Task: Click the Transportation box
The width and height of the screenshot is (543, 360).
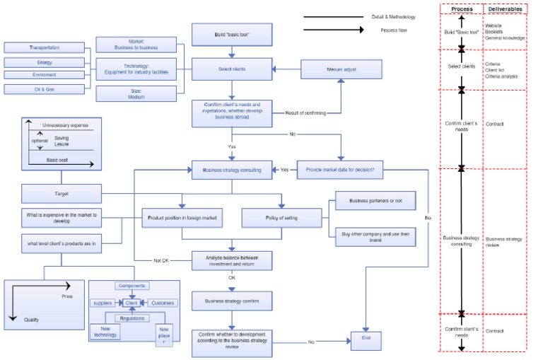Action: [45, 47]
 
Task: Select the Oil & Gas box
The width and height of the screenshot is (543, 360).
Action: [45, 89]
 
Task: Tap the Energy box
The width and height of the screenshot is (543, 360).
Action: [45, 62]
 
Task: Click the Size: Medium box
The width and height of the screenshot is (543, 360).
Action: [137, 93]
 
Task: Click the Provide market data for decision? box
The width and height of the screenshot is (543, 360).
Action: [341, 170]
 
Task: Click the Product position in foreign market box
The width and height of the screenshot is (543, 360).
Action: [182, 218]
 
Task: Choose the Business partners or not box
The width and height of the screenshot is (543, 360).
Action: [375, 201]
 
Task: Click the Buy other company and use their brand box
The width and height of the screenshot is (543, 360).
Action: [375, 237]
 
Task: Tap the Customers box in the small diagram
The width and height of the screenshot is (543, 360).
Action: [163, 303]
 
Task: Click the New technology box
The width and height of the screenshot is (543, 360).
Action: [105, 331]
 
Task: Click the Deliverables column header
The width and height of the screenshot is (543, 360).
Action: [505, 8]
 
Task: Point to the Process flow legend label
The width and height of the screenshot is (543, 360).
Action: [387, 30]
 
